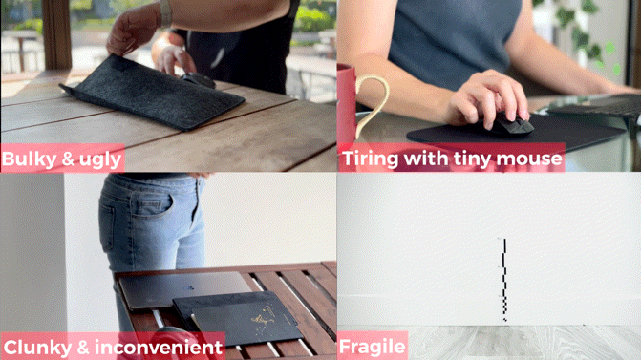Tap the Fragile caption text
coord(372,347)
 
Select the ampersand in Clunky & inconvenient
coord(83,348)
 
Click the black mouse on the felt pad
coord(199,80)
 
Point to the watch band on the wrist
coord(165,12)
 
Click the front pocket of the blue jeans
coord(154,205)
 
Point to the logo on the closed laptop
coord(190,287)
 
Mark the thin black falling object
coord(504,280)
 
